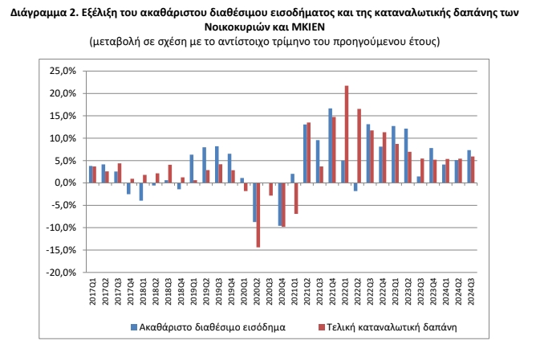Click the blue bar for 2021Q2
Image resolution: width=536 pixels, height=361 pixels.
[305, 154]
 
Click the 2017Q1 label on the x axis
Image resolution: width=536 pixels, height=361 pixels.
[93, 292]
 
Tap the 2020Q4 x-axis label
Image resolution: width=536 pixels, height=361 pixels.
[282, 292]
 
